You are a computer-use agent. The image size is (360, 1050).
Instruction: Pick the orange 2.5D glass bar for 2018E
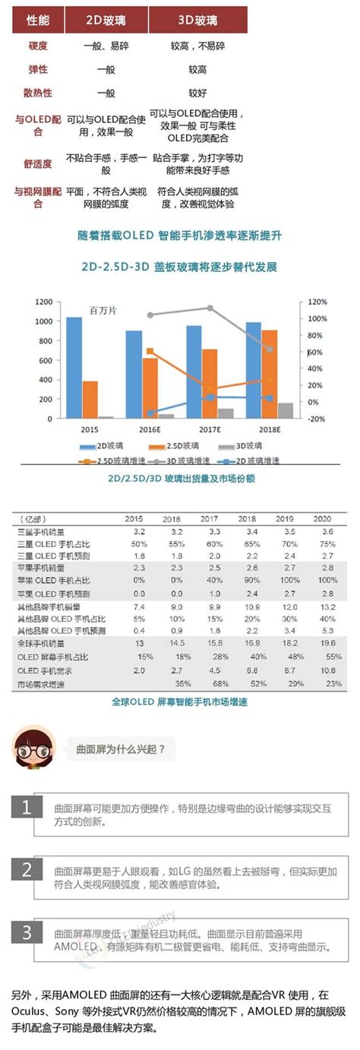coord(269,374)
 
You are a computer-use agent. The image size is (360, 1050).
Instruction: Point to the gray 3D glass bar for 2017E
coord(226,413)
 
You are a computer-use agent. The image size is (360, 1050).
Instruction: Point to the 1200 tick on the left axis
coord(43,302)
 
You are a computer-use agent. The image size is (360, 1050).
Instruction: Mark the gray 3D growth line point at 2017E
coord(210,308)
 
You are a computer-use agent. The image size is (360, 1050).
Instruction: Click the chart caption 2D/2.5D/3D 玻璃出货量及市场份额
coord(180,479)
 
